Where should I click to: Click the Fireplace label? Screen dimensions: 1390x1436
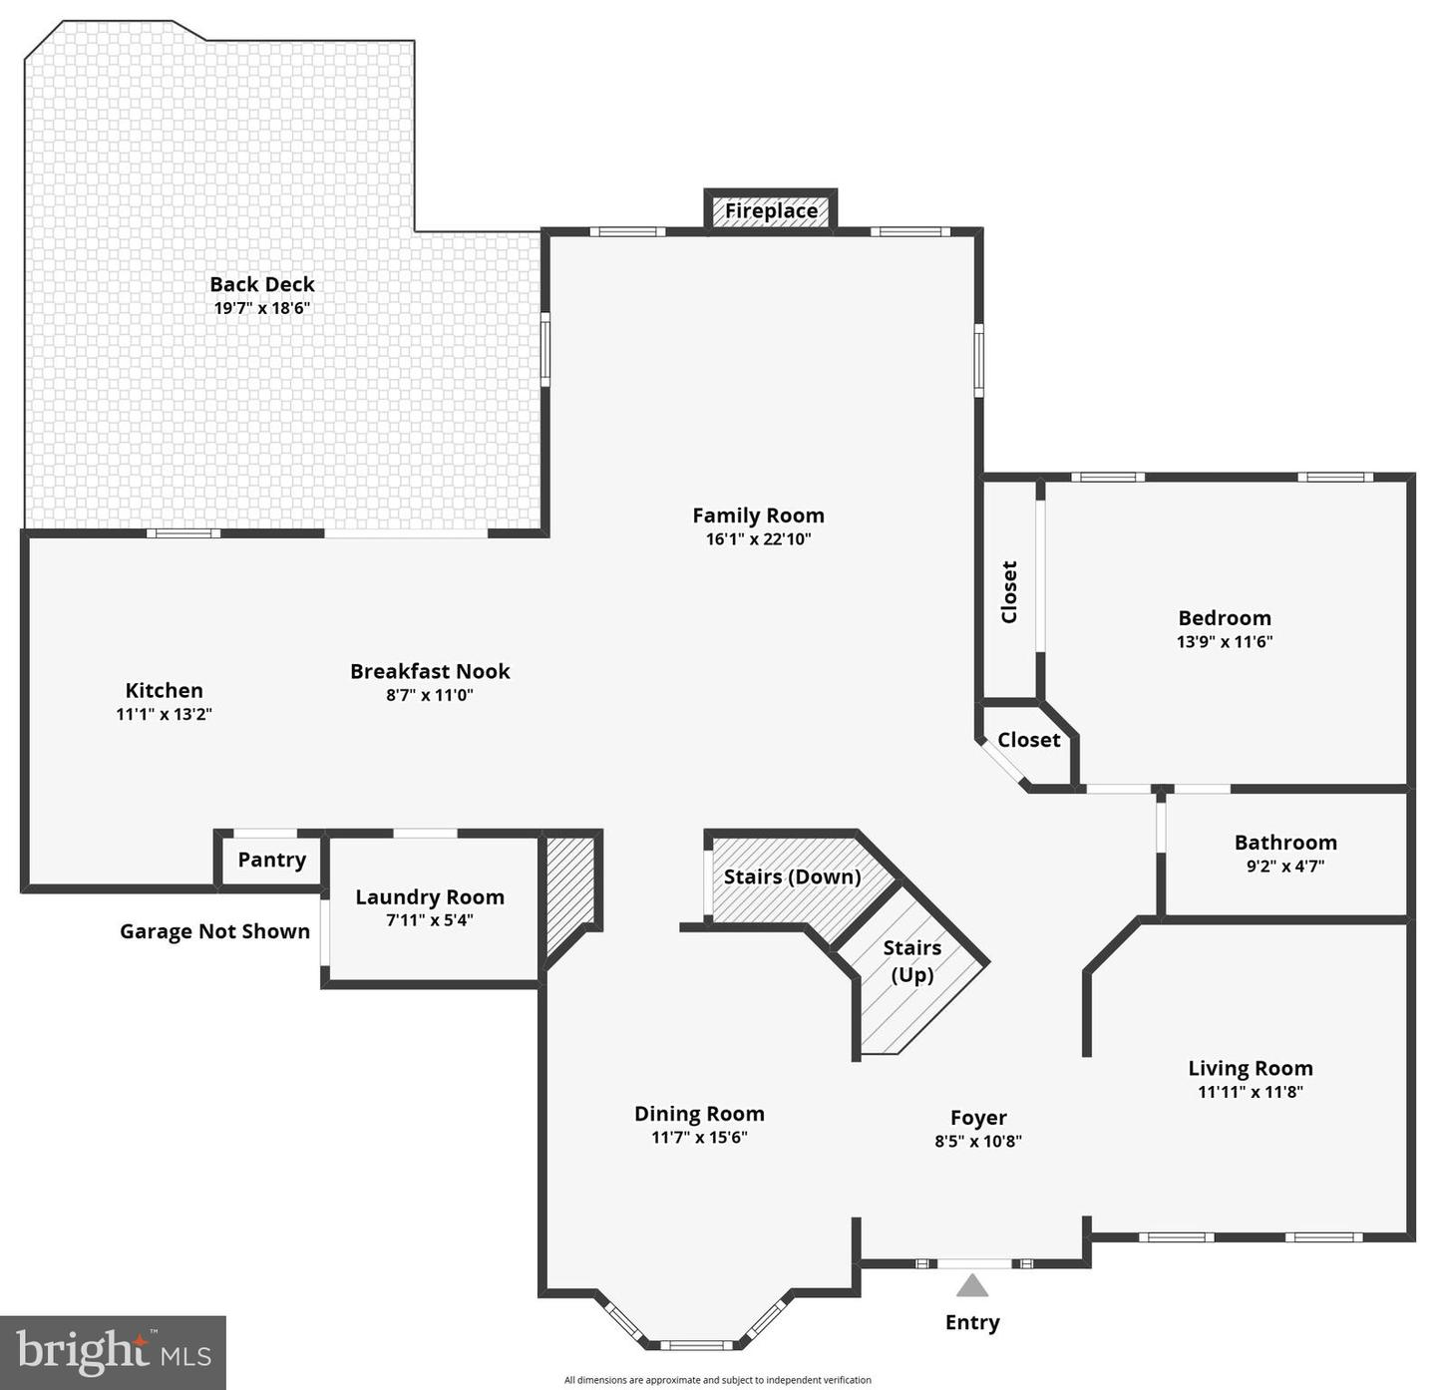coord(771,210)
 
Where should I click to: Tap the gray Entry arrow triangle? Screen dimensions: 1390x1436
coord(972,1285)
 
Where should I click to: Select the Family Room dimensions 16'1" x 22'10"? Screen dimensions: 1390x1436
coord(758,539)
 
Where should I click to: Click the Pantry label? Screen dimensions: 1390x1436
coord(271,860)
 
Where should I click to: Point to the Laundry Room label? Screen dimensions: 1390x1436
coord(430,896)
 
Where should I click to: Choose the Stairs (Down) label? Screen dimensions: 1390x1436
coord(792,876)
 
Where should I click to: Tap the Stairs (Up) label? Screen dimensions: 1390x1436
coord(911,960)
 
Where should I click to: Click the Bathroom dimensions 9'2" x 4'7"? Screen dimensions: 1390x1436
coord(1285,867)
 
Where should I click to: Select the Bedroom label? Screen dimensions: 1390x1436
coord(1225,617)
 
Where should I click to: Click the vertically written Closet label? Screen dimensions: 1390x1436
coord(1009,591)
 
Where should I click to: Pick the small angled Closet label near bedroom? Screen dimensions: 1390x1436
coord(1028,740)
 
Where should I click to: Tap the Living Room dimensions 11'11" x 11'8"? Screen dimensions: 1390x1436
coord(1250,1092)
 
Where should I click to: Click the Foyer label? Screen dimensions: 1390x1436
coord(978,1118)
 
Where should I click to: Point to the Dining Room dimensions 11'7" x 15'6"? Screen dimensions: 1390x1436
coord(699,1138)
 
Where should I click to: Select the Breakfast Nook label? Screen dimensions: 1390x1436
coord(430,671)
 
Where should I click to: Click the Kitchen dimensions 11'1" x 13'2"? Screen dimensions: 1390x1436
coord(165,714)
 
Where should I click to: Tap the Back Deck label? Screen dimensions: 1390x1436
coord(262,284)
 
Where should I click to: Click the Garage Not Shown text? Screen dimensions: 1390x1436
coord(214,931)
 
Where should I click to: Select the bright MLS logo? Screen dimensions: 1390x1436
coord(113,1352)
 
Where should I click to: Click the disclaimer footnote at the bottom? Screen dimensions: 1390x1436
coord(717,1380)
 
